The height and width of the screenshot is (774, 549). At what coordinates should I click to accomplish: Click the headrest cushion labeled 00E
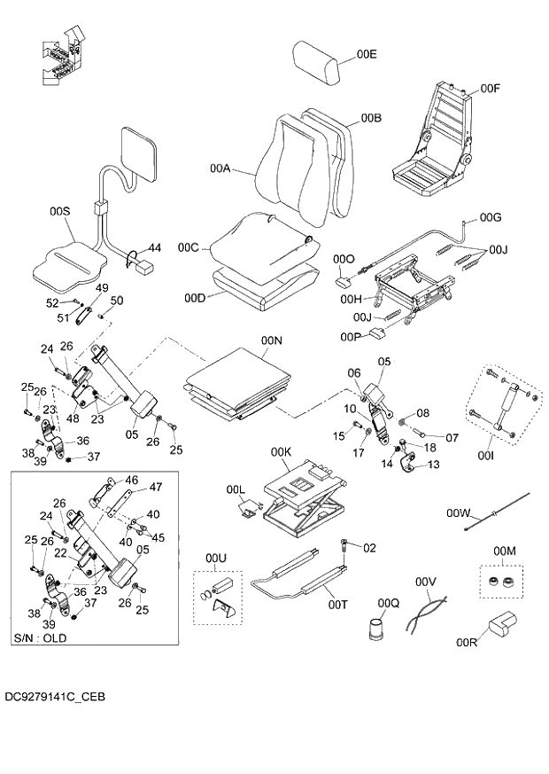coord(317,65)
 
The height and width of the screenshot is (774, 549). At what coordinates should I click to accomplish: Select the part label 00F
coord(491,89)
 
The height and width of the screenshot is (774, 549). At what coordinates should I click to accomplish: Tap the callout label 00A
coord(220,168)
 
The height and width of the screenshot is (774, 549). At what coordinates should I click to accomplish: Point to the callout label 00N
coord(271,340)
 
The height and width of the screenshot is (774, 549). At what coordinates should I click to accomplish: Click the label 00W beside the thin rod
coord(458,513)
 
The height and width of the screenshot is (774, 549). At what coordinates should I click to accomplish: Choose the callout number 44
coord(154,247)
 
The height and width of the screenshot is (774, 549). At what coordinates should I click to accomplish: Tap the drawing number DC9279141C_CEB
coord(54,699)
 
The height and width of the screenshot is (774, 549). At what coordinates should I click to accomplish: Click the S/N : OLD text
coord(40,637)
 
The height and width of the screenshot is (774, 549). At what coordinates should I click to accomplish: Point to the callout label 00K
coord(282,452)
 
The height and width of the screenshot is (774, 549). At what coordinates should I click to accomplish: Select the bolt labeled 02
coord(343,542)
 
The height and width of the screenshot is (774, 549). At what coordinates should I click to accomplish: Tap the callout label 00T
coord(337,605)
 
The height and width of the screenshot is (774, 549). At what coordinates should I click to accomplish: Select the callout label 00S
coord(59,211)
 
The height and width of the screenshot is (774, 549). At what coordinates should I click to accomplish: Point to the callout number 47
coord(155,487)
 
